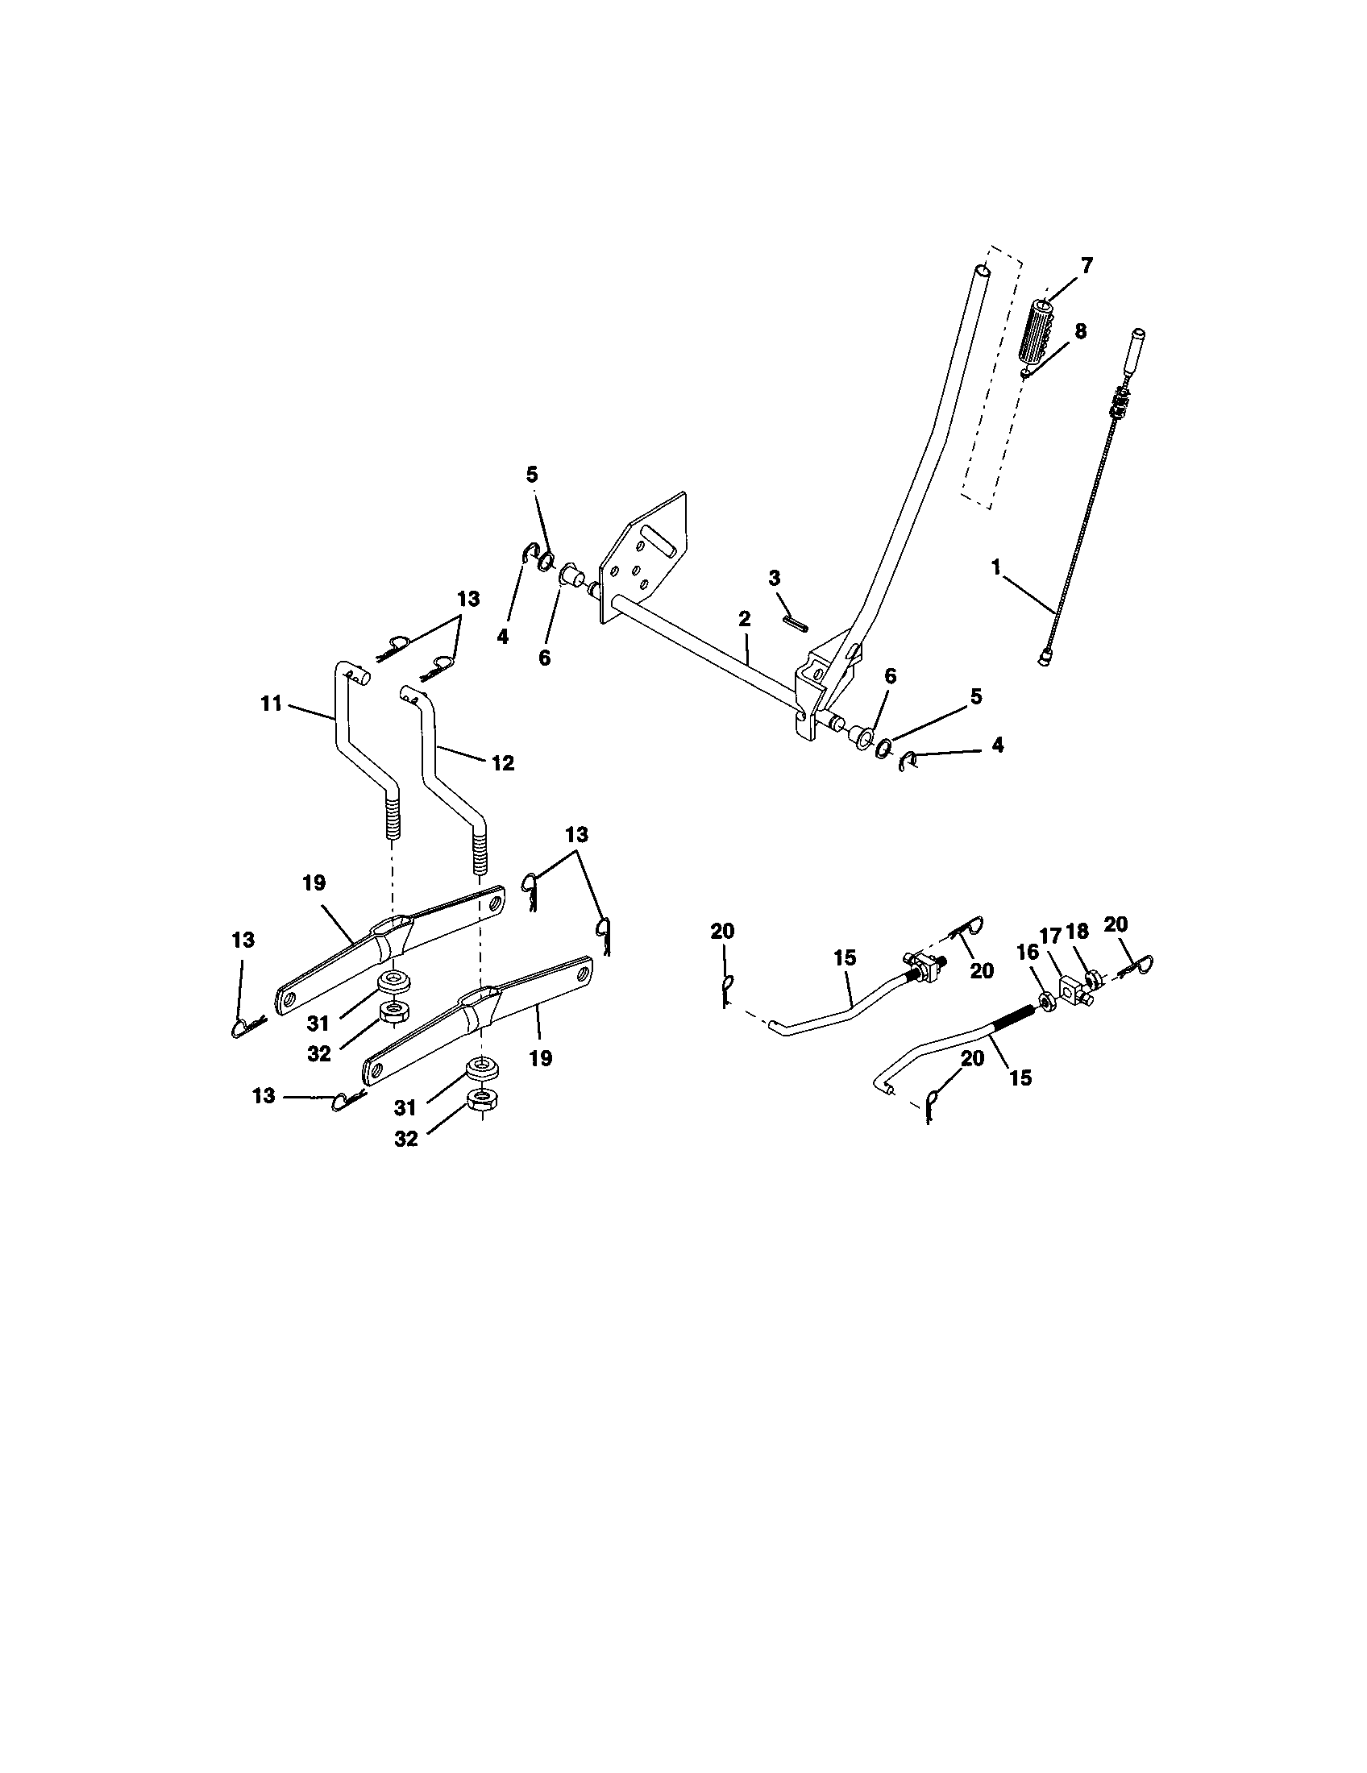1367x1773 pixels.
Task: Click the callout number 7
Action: pyautogui.click(x=1087, y=265)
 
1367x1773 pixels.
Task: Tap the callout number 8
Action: pyautogui.click(x=1079, y=331)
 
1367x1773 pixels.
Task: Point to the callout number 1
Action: pyautogui.click(x=996, y=567)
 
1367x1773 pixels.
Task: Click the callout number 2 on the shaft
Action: pyautogui.click(x=745, y=619)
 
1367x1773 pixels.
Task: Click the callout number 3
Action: pyautogui.click(x=774, y=578)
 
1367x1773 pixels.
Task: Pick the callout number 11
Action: pyautogui.click(x=271, y=704)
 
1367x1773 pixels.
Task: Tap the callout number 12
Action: pyautogui.click(x=502, y=763)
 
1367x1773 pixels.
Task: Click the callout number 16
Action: pyautogui.click(x=1028, y=953)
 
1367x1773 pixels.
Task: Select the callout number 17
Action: pyautogui.click(x=1051, y=936)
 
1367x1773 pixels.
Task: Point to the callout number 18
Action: pyautogui.click(x=1078, y=932)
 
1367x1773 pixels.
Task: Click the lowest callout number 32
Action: pyautogui.click(x=406, y=1139)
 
